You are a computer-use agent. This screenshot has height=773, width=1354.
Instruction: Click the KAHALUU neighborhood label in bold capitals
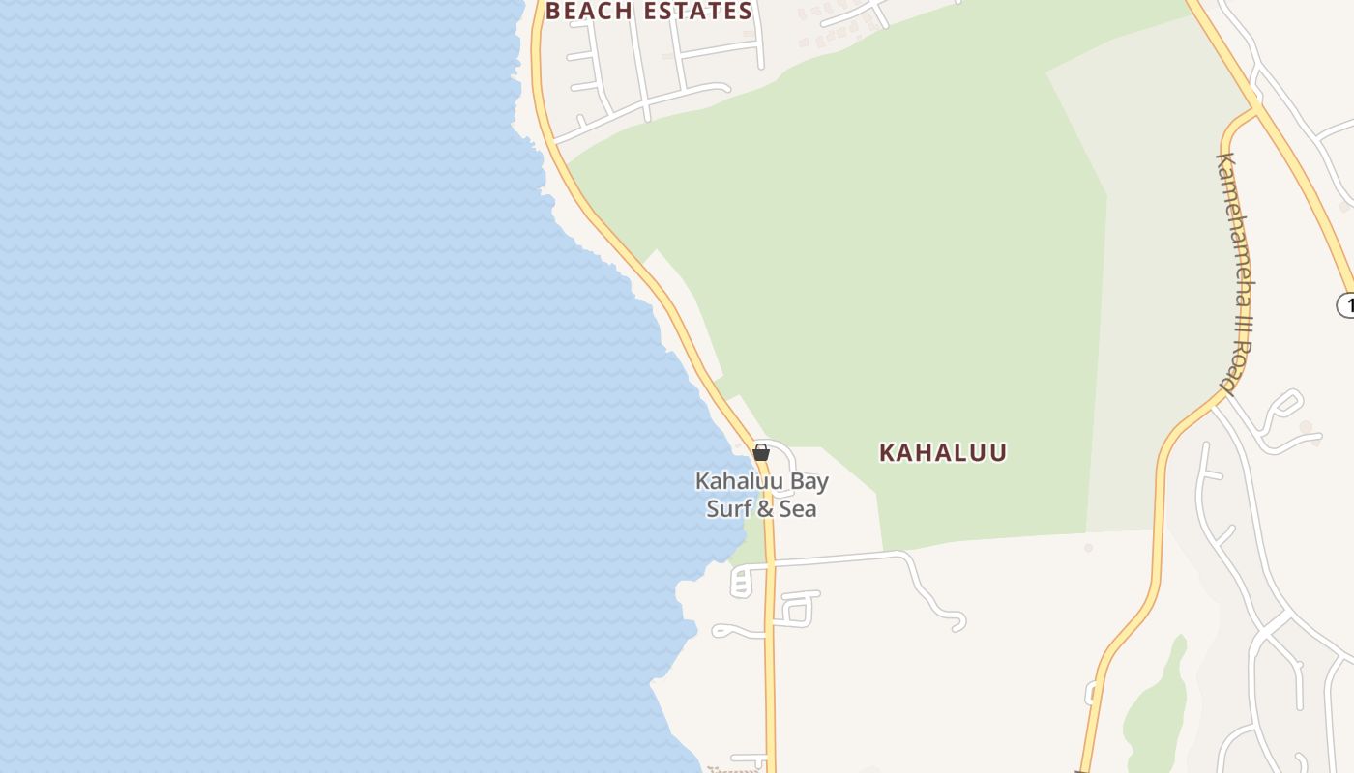coord(943,452)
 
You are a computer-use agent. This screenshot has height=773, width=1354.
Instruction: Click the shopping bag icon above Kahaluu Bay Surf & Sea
coord(761,451)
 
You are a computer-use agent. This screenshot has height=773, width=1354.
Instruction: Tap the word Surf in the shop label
coord(728,508)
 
